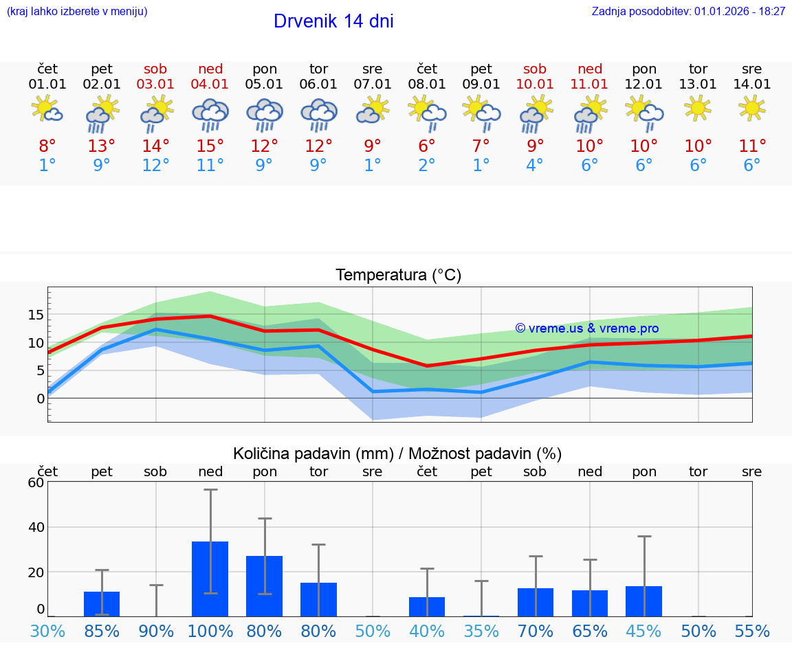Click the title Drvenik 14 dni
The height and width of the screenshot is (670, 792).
click(x=333, y=21)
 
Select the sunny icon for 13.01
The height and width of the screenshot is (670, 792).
click(x=698, y=108)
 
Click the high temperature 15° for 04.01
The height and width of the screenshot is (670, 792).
click(x=210, y=146)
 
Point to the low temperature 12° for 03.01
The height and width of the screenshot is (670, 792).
click(x=156, y=166)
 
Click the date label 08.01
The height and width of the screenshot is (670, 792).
click(x=427, y=85)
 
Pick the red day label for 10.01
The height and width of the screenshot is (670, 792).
click(x=535, y=69)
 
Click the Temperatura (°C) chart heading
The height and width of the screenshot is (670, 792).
click(x=398, y=275)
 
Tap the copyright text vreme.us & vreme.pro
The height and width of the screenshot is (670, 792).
click(x=587, y=328)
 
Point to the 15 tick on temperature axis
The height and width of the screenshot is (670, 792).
click(x=36, y=315)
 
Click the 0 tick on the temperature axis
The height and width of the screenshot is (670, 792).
click(x=41, y=399)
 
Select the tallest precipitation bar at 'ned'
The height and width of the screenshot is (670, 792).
click(x=210, y=579)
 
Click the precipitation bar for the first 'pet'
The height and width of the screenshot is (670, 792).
click(x=102, y=603)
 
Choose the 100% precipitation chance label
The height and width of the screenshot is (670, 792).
click(x=210, y=632)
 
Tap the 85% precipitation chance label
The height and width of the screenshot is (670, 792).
click(x=102, y=632)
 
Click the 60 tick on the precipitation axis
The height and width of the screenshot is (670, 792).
click(x=36, y=482)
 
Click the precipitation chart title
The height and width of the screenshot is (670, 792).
click(x=397, y=454)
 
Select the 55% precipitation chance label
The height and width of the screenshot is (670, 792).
click(x=752, y=632)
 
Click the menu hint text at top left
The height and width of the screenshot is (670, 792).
click(x=77, y=12)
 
